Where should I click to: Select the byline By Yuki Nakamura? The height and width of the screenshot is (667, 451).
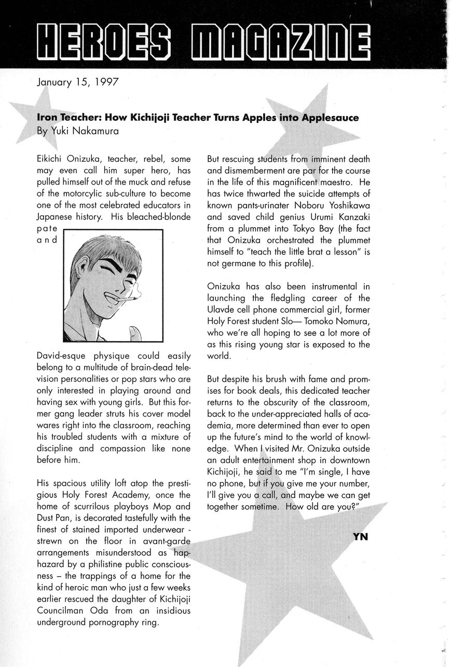(77, 131)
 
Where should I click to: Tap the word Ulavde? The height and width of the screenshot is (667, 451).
(222, 310)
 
